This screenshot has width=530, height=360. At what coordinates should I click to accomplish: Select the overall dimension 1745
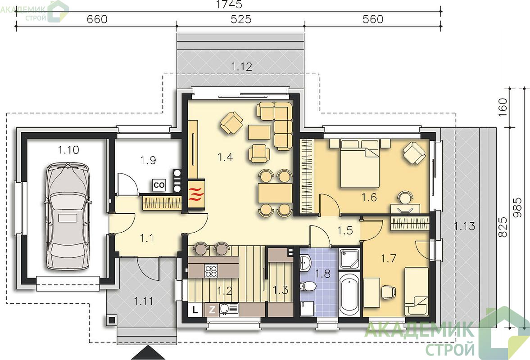[x=229, y=4]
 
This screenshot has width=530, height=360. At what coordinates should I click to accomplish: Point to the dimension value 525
[x=241, y=19]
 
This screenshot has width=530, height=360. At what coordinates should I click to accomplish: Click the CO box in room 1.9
[x=159, y=185]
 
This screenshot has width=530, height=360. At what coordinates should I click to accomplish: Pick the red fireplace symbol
[x=196, y=194]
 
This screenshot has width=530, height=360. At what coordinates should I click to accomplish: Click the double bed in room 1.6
[x=360, y=163]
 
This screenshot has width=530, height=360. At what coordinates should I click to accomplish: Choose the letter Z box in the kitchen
[x=212, y=309]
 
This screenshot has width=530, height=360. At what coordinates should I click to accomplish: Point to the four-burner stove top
[x=211, y=270]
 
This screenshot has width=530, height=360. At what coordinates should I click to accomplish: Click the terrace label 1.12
[x=242, y=67]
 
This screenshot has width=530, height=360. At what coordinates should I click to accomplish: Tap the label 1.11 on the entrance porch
[x=144, y=301]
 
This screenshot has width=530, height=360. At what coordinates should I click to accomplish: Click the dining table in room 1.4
[x=276, y=193]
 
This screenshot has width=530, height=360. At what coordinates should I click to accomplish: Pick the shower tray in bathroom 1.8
[x=349, y=259]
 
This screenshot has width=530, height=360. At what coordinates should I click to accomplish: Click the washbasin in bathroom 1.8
[x=306, y=262]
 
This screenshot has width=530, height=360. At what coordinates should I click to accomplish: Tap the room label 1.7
[x=388, y=259]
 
